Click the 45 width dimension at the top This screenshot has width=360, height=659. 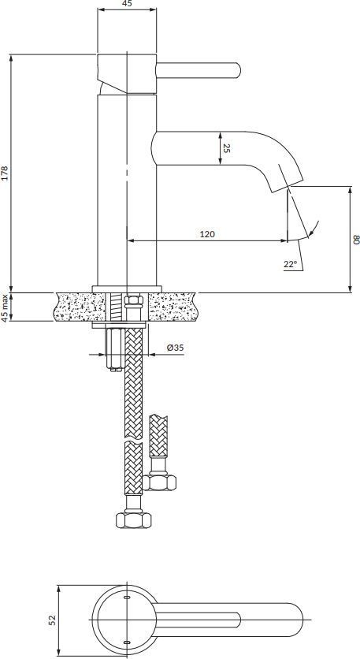[x=127, y=4]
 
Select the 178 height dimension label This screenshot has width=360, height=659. [x=5, y=173]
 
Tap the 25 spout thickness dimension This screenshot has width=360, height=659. [x=226, y=148]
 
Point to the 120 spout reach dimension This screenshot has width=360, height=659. [x=207, y=234]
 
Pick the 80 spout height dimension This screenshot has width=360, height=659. [x=356, y=240]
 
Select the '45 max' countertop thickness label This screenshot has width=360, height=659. [x=5, y=308]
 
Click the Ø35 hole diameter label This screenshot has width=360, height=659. [x=175, y=348]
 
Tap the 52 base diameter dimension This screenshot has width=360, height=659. [x=52, y=620]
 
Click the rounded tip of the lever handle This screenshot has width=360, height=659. [x=238, y=70]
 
